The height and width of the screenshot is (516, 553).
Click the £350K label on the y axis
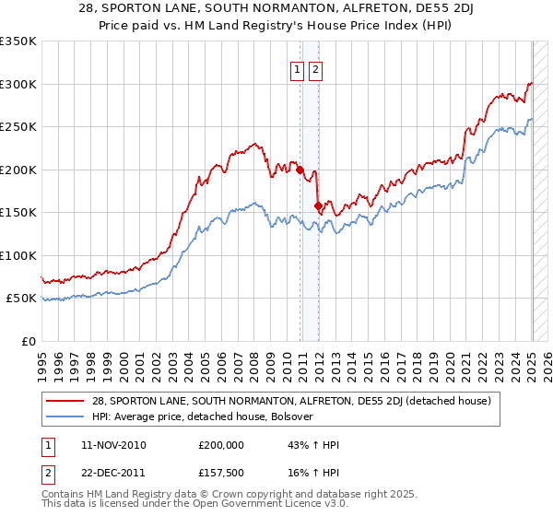pos(18,41)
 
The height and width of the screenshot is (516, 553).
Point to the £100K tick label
pos(18,255)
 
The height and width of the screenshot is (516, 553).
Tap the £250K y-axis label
pos(18,127)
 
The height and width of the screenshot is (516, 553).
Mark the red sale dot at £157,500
pos(318,206)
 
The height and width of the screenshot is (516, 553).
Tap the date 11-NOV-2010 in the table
pos(113,445)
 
